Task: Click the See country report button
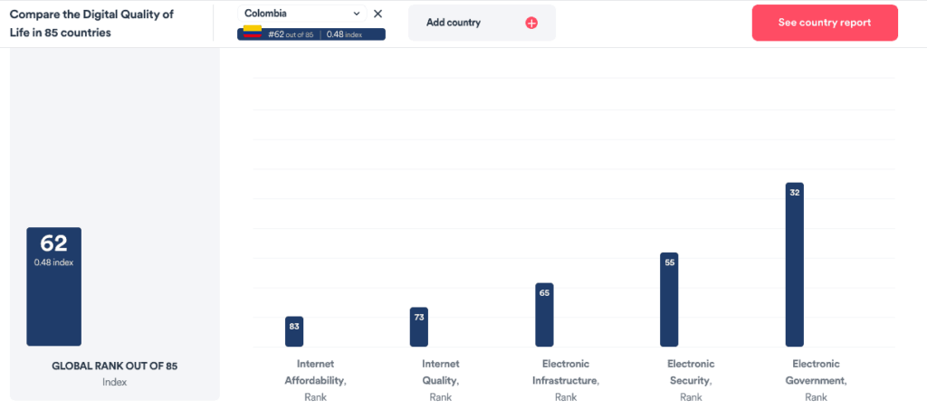click(825, 23)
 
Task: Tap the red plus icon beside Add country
click(531, 23)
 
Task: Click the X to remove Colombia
click(377, 14)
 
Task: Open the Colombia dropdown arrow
click(356, 14)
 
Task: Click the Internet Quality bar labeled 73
click(418, 327)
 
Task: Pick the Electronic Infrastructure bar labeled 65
click(544, 315)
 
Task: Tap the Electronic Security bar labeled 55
click(669, 300)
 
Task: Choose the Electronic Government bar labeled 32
click(794, 264)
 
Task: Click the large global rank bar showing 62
click(53, 286)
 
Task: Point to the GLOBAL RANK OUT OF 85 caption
click(114, 367)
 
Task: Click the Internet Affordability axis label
click(315, 380)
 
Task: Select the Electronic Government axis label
click(816, 380)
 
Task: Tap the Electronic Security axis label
click(691, 380)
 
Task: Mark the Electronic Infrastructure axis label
click(565, 380)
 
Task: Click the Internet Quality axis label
click(440, 380)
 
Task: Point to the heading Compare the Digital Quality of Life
click(91, 23)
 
